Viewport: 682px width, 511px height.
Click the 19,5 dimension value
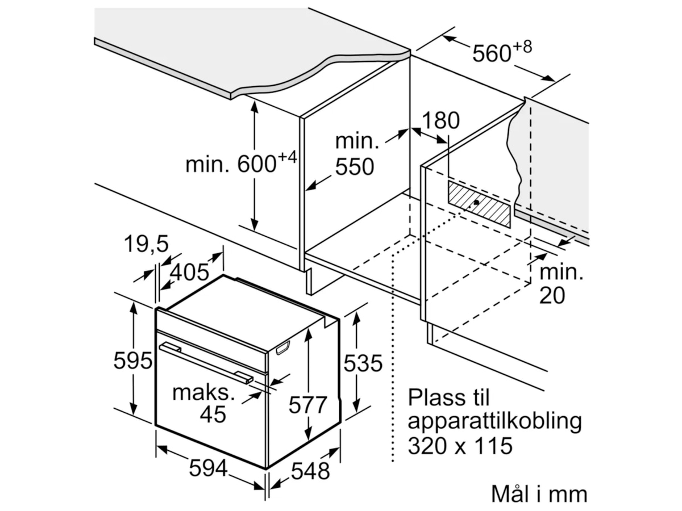click(147, 244)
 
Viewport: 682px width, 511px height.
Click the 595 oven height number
click(133, 361)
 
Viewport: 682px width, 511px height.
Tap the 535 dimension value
click(364, 363)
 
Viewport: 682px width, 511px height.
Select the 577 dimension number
click(307, 405)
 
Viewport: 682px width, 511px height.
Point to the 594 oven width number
click(208, 468)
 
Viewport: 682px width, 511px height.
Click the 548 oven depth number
click(310, 471)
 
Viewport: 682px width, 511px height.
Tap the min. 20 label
click(560, 284)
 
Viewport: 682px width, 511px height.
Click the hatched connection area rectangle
click(479, 204)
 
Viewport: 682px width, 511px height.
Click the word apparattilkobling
click(494, 422)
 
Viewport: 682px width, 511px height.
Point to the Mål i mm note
click(539, 494)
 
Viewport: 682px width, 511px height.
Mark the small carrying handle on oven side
click(283, 348)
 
